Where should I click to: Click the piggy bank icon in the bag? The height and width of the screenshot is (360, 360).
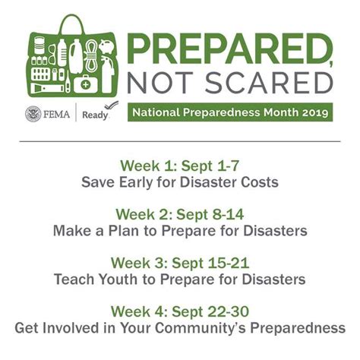pyautogui.click(x=106, y=46)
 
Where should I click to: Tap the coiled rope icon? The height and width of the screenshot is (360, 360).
pyautogui.click(x=91, y=56)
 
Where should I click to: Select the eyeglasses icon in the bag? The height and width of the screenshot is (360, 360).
pyautogui.click(x=52, y=55)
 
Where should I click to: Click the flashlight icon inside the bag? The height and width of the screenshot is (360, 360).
pyautogui.click(x=47, y=88)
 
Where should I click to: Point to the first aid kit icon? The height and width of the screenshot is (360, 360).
pyautogui.click(x=86, y=84)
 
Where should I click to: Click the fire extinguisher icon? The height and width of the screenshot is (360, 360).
pyautogui.click(x=108, y=74)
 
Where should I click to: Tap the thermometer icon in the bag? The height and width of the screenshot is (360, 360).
pyautogui.click(x=68, y=81)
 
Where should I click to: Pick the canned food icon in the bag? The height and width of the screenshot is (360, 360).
pyautogui.click(x=39, y=46)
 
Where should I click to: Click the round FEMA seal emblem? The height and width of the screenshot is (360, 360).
pyautogui.click(x=33, y=114)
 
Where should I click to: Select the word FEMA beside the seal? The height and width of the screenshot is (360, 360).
pyautogui.click(x=56, y=115)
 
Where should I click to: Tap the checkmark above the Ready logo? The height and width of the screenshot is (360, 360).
pyautogui.click(x=112, y=105)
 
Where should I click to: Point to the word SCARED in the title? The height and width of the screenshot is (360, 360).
pyautogui.click(x=269, y=83)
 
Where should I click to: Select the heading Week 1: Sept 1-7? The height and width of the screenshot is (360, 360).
pyautogui.click(x=180, y=166)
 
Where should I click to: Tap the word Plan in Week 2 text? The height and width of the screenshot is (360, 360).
pyautogui.click(x=124, y=230)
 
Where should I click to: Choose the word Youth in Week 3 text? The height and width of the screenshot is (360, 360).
pyautogui.click(x=118, y=279)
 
